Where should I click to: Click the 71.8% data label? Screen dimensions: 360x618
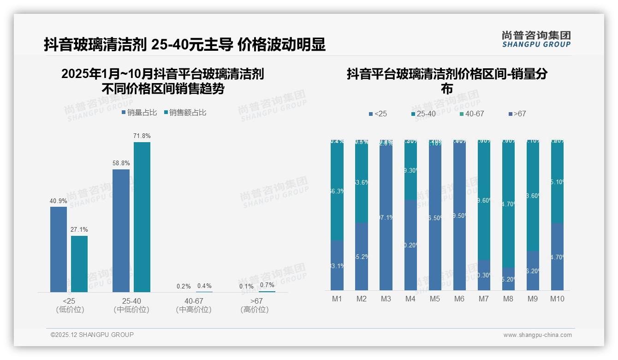(x=142, y=136)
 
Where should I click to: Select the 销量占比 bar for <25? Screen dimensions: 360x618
(x=59, y=249)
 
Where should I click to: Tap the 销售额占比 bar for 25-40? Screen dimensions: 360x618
(x=142, y=217)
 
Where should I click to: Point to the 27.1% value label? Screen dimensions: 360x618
(x=79, y=229)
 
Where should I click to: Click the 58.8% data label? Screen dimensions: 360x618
(x=121, y=163)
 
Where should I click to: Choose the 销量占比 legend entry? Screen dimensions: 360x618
(x=139, y=113)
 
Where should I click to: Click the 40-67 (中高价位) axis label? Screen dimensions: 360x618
(x=194, y=305)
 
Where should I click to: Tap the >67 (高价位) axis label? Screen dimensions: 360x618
(x=254, y=305)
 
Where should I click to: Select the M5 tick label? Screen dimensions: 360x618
(x=434, y=299)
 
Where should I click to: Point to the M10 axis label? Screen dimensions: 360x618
(x=557, y=299)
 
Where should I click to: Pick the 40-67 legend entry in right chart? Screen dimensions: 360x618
(x=471, y=114)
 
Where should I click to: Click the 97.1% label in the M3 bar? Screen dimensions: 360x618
(x=386, y=217)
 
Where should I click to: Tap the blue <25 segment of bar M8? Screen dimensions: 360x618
(x=508, y=279)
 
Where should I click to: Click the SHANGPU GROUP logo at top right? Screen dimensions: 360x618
(x=536, y=39)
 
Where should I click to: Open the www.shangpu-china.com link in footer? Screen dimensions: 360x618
(x=537, y=335)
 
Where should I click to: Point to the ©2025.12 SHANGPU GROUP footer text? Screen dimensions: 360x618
(x=92, y=335)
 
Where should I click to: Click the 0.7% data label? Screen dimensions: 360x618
(x=267, y=285)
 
